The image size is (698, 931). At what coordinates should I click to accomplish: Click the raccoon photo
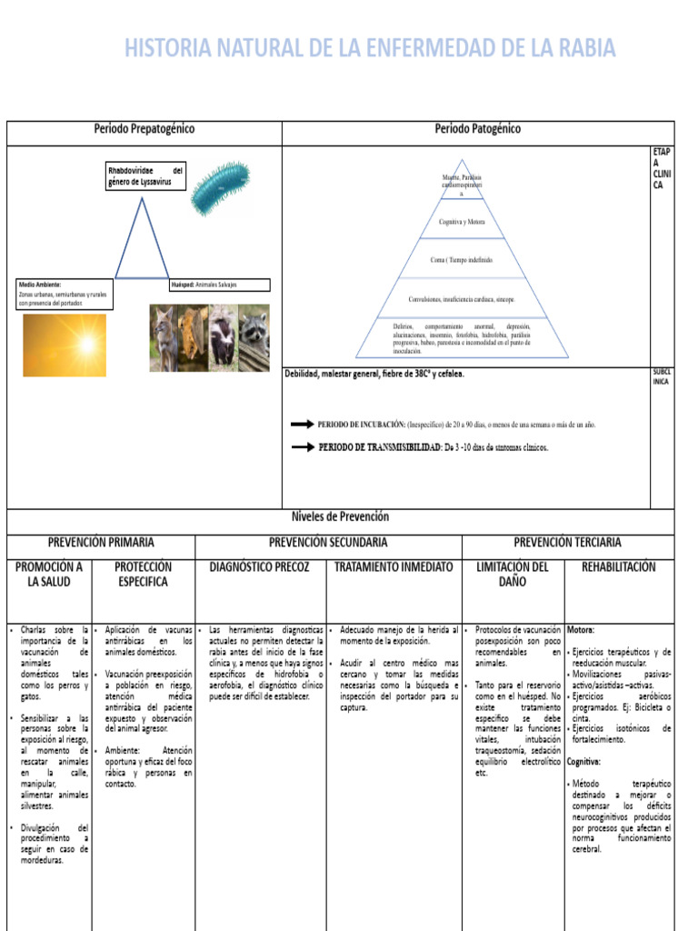click(x=255, y=337)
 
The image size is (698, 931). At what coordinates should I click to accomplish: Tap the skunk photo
click(x=224, y=337)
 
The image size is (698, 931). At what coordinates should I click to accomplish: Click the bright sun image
click(x=64, y=345)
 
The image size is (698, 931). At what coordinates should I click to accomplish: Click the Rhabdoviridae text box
click(x=145, y=175)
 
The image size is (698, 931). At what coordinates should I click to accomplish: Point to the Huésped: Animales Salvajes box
click(x=219, y=285)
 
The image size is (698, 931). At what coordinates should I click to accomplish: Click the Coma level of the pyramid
click(x=461, y=260)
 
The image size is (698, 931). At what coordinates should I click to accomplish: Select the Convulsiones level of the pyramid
click(x=461, y=298)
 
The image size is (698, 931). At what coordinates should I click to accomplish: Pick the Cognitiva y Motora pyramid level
click(x=461, y=221)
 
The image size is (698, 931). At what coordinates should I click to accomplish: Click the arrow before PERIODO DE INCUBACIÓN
click(x=301, y=424)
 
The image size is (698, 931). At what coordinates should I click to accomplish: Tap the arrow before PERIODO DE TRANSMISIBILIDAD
click(x=301, y=447)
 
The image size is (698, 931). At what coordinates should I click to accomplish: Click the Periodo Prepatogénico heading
click(x=145, y=129)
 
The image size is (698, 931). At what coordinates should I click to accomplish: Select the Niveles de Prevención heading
click(x=341, y=516)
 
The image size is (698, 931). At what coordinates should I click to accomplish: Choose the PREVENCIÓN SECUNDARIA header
click(x=328, y=542)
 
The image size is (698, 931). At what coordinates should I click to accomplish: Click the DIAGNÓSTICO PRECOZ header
click(x=260, y=566)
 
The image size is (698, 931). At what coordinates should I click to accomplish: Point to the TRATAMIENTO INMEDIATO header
click(x=394, y=566)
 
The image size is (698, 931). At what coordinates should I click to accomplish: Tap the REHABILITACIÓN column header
click(x=618, y=566)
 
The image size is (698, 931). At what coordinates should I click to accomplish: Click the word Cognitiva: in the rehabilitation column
click(x=584, y=761)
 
